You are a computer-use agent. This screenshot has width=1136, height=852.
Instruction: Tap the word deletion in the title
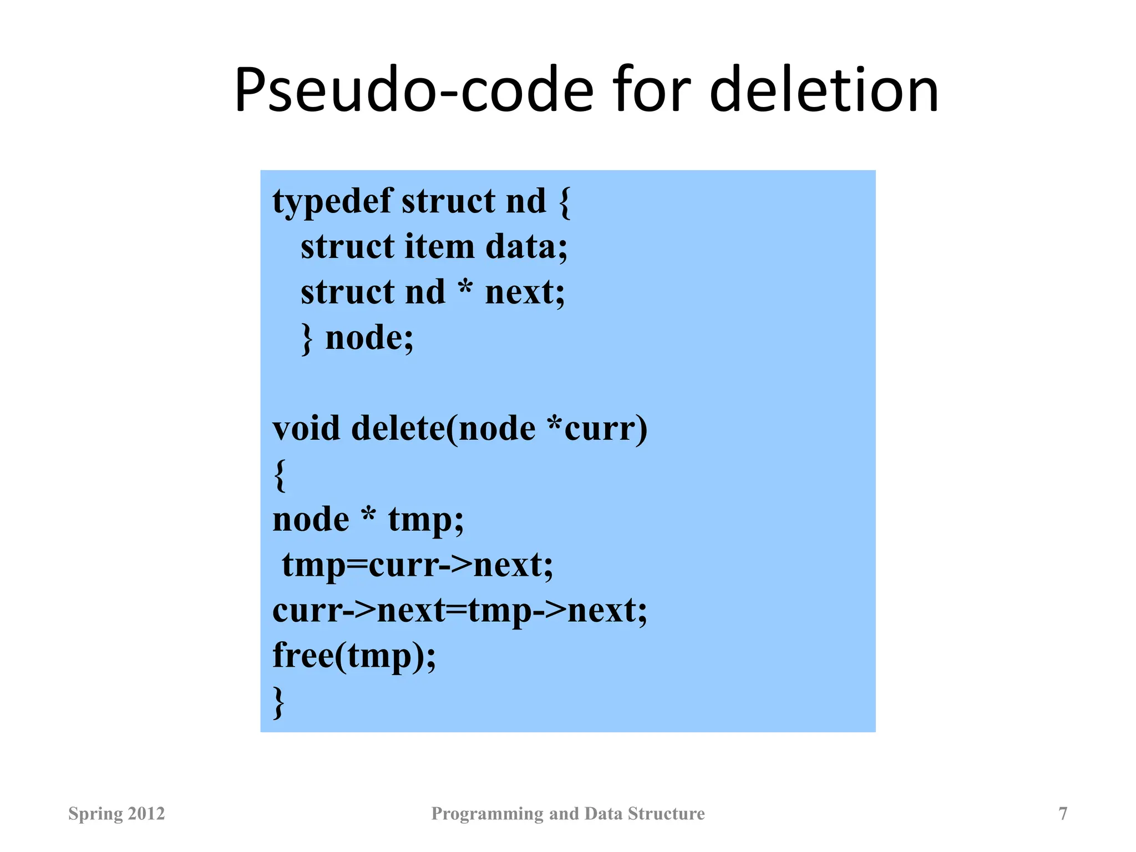(824, 90)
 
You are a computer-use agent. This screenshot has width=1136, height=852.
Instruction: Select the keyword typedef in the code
(332, 202)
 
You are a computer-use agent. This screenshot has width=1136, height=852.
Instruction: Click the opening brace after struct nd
(564, 202)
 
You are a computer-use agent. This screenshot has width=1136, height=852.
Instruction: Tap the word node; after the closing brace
(369, 338)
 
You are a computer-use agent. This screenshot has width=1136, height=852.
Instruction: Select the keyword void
(306, 429)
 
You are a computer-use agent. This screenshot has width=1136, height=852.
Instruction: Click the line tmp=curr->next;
(417, 565)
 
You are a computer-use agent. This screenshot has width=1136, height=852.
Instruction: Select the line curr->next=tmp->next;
(459, 611)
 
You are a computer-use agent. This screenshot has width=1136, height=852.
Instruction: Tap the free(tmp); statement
(354, 656)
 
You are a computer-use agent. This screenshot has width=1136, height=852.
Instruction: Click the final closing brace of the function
(279, 702)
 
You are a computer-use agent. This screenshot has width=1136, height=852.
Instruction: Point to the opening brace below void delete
(280, 475)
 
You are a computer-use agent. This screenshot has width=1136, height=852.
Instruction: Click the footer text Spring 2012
(116, 814)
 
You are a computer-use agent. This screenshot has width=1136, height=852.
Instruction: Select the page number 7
(1063, 814)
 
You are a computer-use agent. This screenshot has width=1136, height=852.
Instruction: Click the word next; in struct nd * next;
(525, 292)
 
